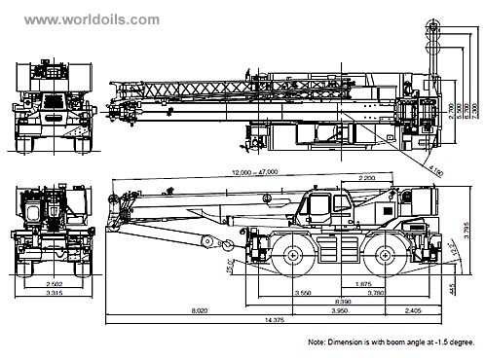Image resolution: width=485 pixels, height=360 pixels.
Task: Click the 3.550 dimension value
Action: (x=303, y=293)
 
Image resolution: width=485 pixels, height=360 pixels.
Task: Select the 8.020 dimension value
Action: (x=199, y=311)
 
